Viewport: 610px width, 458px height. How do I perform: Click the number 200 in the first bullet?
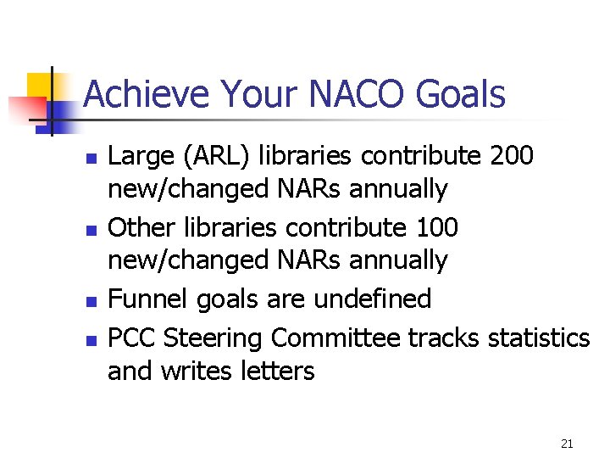(x=512, y=156)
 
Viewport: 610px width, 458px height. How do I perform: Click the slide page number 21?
(x=567, y=443)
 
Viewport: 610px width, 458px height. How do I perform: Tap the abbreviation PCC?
(x=131, y=338)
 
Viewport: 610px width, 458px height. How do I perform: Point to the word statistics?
(x=539, y=338)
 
